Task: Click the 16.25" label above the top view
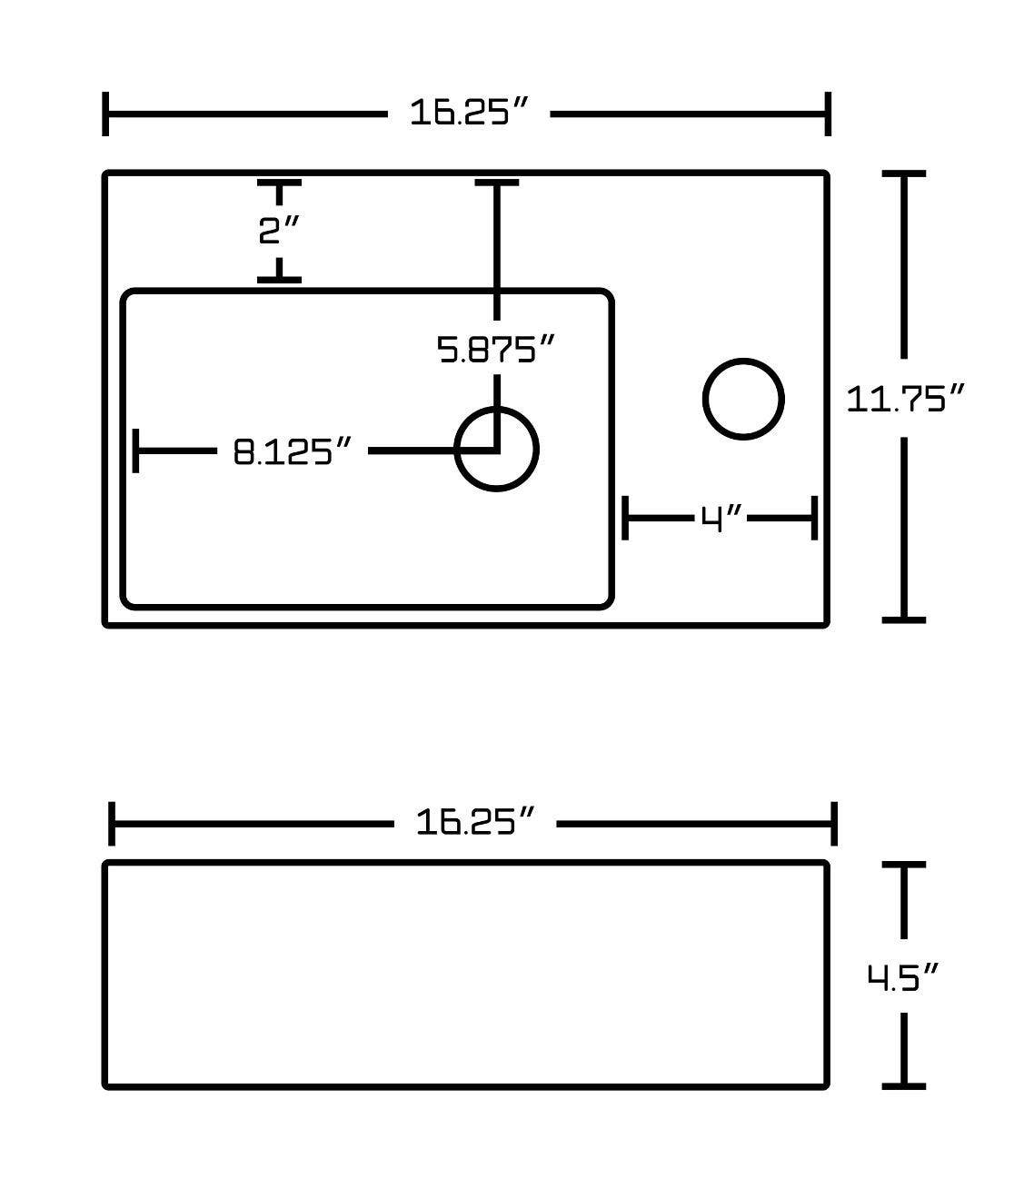click(x=468, y=114)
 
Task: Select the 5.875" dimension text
click(x=496, y=349)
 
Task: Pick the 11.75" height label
click(x=904, y=399)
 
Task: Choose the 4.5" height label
click(x=901, y=977)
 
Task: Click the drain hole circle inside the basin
click(x=497, y=450)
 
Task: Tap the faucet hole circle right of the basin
click(x=743, y=400)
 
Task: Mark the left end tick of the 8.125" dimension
click(x=136, y=450)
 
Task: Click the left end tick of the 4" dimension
click(x=625, y=519)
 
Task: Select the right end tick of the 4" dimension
click(x=815, y=519)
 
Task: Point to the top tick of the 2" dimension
click(x=279, y=184)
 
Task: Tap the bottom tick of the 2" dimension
click(x=279, y=279)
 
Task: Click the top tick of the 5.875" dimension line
click(x=497, y=184)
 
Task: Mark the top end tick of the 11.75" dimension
click(x=904, y=173)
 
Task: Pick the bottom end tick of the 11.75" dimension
click(x=904, y=619)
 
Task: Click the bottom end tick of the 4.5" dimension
click(x=904, y=1084)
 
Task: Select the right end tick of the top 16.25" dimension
click(x=827, y=114)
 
